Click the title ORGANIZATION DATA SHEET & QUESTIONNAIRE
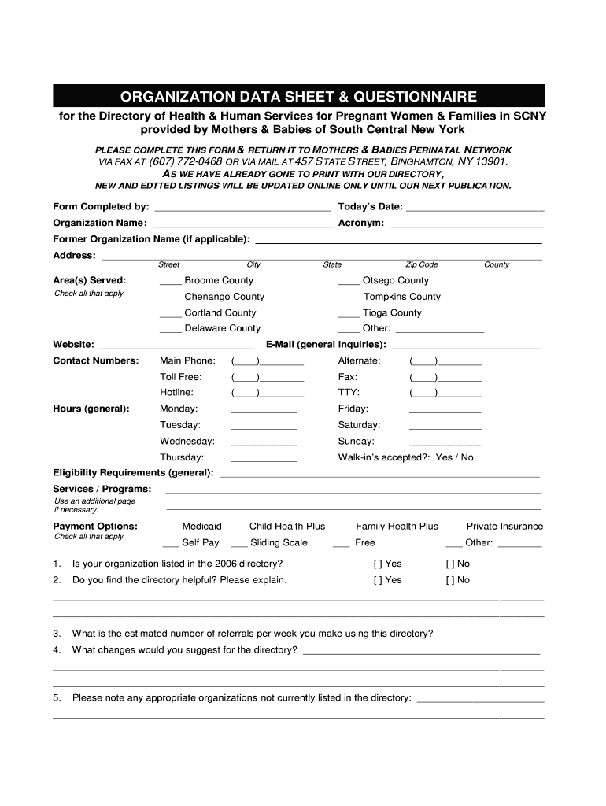click(298, 97)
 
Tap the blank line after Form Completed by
click(242, 209)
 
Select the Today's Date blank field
click(475, 209)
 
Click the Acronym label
click(360, 223)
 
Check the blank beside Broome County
click(170, 282)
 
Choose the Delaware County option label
click(222, 328)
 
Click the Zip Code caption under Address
click(421, 265)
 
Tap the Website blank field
click(177, 346)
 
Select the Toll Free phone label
click(180, 377)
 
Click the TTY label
click(349, 392)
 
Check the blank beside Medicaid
click(170, 527)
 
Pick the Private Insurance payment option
click(504, 526)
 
